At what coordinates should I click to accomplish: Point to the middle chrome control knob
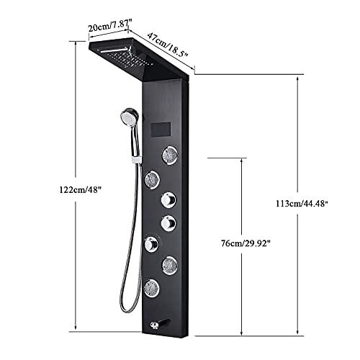point(169,222)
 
